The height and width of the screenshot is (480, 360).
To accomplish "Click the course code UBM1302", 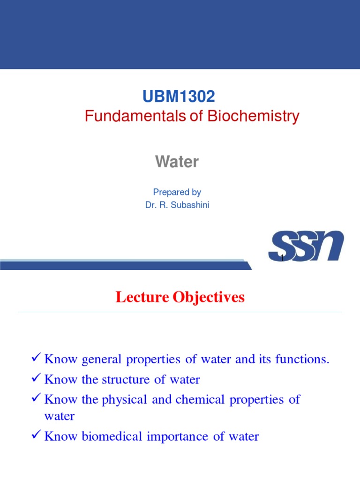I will pos(179,97).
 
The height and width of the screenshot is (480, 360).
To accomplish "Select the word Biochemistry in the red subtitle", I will pos(253,116).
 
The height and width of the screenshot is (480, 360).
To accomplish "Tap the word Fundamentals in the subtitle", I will pos(135,116).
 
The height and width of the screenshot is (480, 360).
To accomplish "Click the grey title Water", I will pos(177,162).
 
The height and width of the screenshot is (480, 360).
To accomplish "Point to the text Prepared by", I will pos(177,192).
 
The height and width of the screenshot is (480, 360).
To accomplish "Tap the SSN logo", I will pos(306,247).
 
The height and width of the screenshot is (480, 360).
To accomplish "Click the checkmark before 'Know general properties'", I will pos(36,359).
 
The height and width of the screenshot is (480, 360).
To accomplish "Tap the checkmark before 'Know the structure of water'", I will pos(36,379).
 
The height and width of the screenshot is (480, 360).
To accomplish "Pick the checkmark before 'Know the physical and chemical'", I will pos(36,399).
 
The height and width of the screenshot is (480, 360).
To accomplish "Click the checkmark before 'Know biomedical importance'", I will pos(36,436).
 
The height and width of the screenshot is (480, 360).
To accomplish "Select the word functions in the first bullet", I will pos(302,360).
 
